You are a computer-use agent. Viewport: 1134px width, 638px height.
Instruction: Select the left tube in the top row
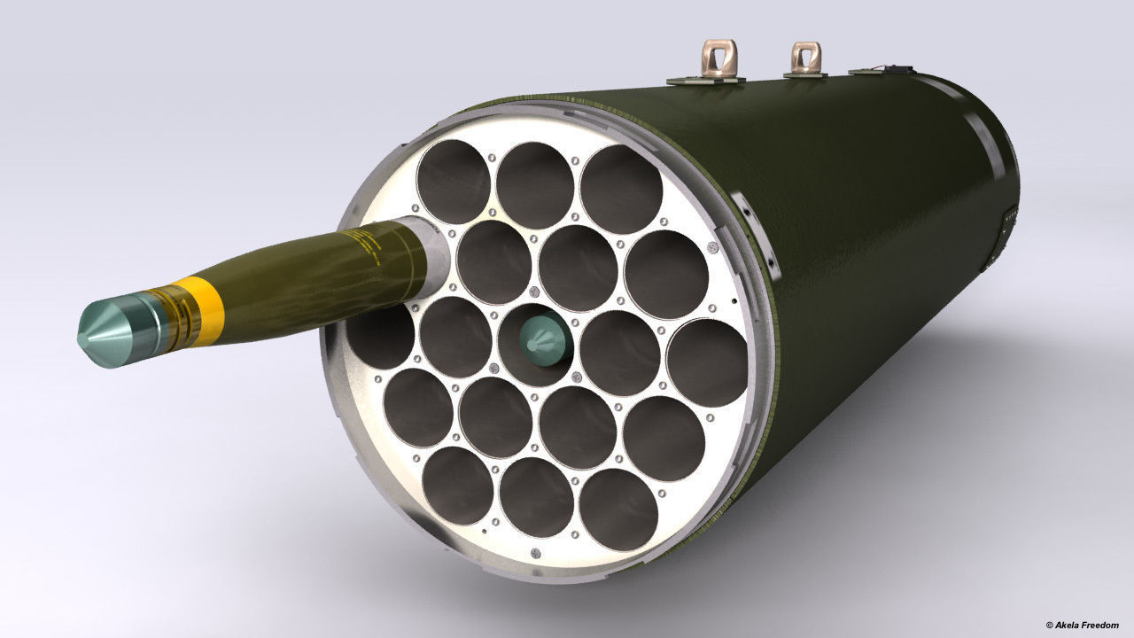pyautogui.click(x=453, y=181)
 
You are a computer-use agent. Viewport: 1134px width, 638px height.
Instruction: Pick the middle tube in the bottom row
pyautogui.click(x=536, y=497)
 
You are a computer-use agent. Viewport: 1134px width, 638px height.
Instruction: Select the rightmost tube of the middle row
pyautogui.click(x=706, y=362)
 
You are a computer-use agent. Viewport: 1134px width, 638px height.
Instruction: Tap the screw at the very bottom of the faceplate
pyautogui.click(x=534, y=554)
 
